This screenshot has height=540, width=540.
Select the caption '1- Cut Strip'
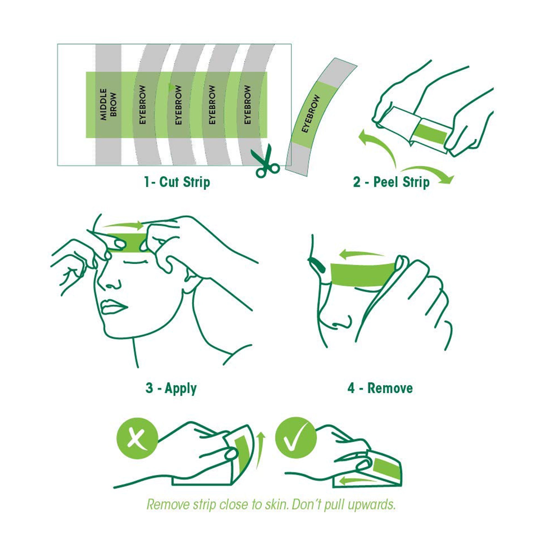[177, 182]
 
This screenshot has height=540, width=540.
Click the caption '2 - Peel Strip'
[391, 182]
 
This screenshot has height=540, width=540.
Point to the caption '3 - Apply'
[171, 389]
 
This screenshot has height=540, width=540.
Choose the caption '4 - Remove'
[380, 388]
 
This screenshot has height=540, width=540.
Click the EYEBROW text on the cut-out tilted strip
[311, 114]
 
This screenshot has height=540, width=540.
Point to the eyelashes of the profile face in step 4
[316, 265]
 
